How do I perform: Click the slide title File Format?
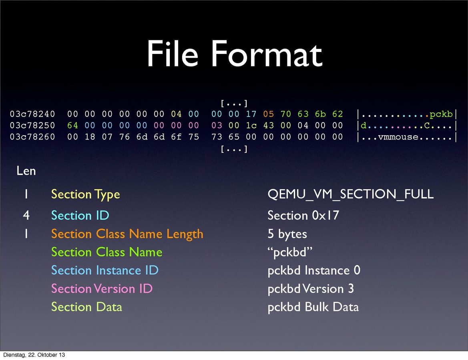pyautogui.click(x=234, y=54)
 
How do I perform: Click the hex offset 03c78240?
pyautogui.click(x=33, y=114)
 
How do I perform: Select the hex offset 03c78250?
pyautogui.click(x=33, y=125)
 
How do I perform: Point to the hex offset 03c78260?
pyautogui.click(x=33, y=136)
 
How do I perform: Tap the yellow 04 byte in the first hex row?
pyautogui.click(x=176, y=114)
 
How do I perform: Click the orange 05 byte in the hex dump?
pyautogui.click(x=269, y=114)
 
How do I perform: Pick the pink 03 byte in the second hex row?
pyautogui.click(x=217, y=125)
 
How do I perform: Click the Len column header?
pyautogui.click(x=26, y=171)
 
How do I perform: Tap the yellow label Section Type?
pyautogui.click(x=86, y=194)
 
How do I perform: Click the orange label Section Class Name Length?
pyautogui.click(x=127, y=234)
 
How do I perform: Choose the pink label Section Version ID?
pyautogui.click(x=102, y=288)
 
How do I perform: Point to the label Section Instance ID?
pyautogui.click(x=105, y=270)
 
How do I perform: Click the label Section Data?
pyautogui.click(x=86, y=307)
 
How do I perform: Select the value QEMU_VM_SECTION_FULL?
pyautogui.click(x=350, y=194)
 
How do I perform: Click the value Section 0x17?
pyautogui.click(x=303, y=216)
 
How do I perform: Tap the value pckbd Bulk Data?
pyautogui.click(x=313, y=307)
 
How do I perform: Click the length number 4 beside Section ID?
pyautogui.click(x=26, y=216)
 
